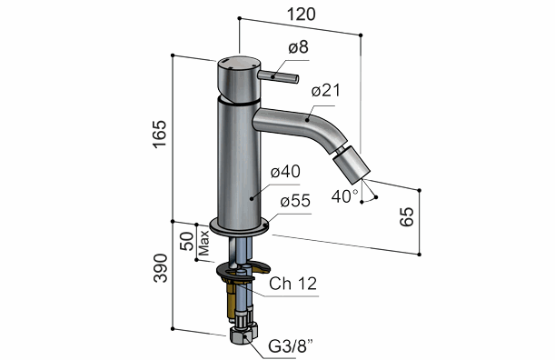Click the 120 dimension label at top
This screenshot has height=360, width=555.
point(301,15)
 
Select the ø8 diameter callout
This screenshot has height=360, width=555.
point(298,47)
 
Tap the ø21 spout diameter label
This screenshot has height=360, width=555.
point(325,91)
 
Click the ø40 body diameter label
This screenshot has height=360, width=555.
point(285,172)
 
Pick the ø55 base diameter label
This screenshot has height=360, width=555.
point(295,201)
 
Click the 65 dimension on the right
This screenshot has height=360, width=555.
point(406,216)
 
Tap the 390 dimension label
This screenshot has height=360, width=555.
point(160,268)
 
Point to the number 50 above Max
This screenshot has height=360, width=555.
point(187,241)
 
